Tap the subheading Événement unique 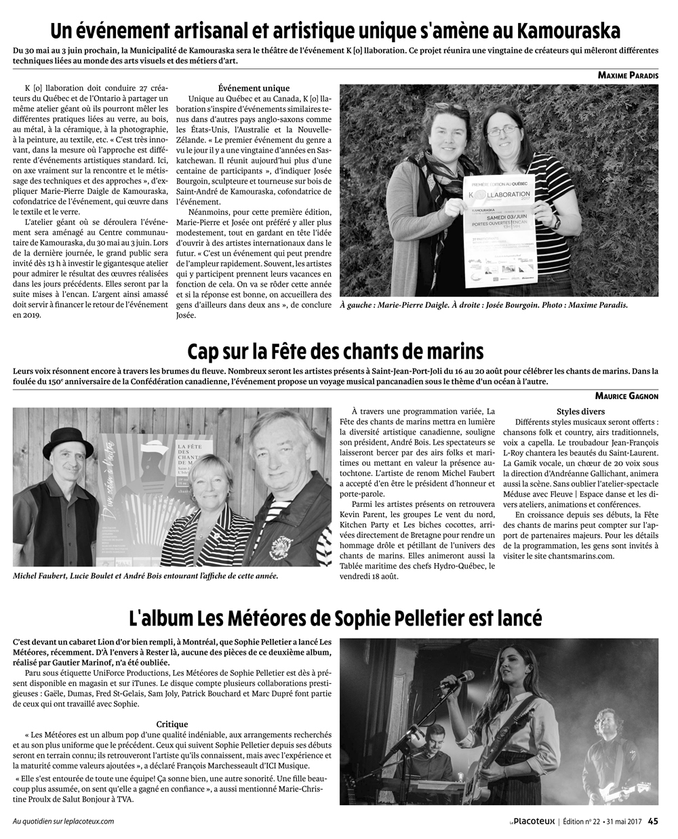point(254,88)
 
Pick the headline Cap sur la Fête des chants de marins point(335,352)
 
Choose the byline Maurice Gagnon point(626,396)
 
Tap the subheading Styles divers point(580,411)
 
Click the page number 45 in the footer point(652,821)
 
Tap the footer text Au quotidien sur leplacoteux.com point(63,821)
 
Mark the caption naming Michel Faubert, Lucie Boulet point(145,576)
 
